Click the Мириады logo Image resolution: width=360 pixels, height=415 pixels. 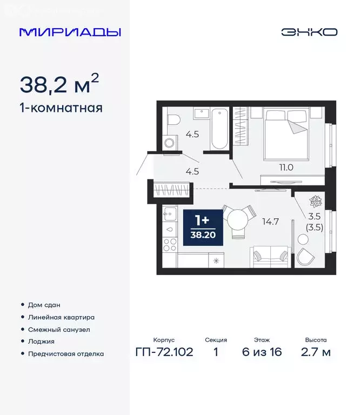coord(70,32)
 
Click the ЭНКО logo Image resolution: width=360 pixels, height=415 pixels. coord(309,32)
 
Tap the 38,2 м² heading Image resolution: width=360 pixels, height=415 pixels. coord(59,84)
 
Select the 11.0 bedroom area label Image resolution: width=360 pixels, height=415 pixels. coord(286,168)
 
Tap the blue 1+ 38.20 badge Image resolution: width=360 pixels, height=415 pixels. coord(202,227)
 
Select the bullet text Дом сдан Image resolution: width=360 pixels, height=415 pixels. coord(44,305)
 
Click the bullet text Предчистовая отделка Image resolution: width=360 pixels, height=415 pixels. coord(65,354)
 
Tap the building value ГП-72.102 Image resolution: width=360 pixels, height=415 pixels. coord(164,353)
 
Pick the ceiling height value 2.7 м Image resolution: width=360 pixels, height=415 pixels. coord(316,353)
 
